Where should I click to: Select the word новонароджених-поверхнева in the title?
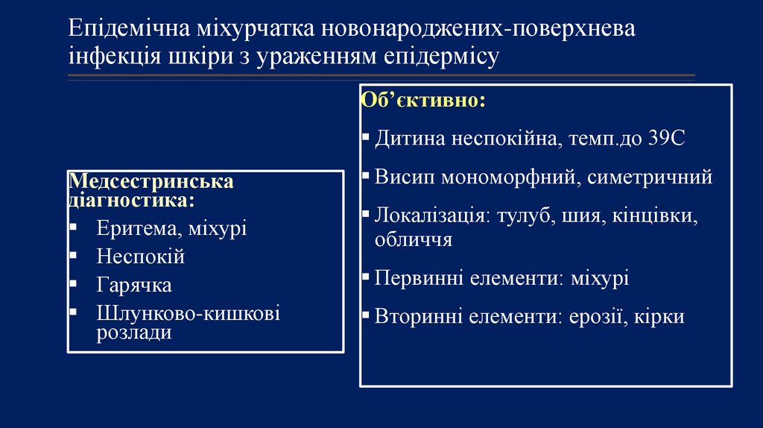479,31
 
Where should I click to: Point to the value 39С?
665,139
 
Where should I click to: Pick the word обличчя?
414,239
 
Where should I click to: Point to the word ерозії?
600,316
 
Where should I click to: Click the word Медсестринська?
151,182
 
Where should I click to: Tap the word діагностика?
133,200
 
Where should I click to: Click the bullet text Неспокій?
140,257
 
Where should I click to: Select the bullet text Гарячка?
134,285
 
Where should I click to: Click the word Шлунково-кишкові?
188,314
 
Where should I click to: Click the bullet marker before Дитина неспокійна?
365,138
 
